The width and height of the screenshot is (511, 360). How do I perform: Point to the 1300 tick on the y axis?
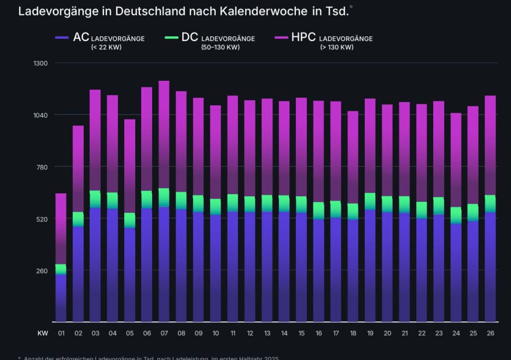click(40, 63)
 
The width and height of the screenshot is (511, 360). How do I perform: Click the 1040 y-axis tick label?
click(40, 115)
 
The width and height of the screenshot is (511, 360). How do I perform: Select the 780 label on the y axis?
click(40, 167)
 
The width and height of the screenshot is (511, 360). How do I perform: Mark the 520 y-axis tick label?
click(40, 219)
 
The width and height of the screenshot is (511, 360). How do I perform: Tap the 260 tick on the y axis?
click(40, 271)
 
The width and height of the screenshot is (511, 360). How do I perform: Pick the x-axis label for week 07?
click(164, 333)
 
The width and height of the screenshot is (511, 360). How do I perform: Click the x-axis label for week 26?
click(490, 333)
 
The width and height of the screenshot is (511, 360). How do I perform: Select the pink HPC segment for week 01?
click(61, 227)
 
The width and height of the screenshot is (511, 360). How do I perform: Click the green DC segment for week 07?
click(164, 197)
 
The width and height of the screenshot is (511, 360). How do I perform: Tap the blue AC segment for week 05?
click(130, 275)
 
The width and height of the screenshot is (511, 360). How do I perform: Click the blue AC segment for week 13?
click(267, 267)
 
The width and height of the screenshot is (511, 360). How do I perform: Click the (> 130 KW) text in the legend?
click(337, 47)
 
